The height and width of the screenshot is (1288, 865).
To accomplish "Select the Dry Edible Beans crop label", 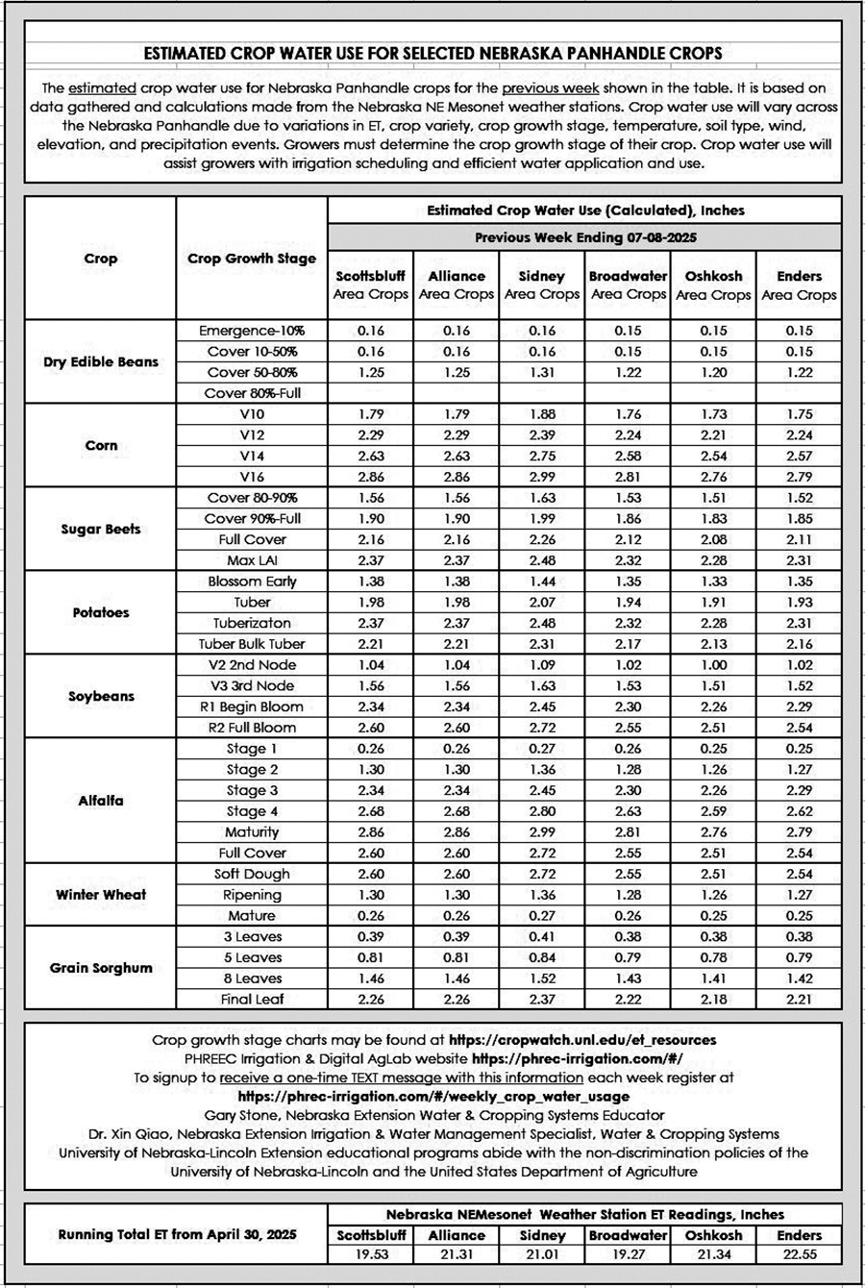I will (101, 362).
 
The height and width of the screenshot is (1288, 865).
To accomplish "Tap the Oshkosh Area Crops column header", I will (713, 285).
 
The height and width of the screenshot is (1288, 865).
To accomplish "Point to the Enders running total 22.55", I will (799, 1253).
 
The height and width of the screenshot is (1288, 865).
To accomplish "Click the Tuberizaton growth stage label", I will (252, 623).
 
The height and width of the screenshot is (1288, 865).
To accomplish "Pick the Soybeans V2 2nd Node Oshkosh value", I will (713, 665).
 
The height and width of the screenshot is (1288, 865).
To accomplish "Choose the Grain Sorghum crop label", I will (101, 968).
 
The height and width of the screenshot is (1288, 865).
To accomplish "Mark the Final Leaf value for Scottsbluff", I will (371, 999).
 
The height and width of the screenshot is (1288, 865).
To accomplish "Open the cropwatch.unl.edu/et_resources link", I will (582, 1040).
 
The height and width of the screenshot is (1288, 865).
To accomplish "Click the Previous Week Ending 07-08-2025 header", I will (584, 236).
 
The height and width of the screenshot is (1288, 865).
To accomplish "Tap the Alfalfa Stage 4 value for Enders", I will (799, 811).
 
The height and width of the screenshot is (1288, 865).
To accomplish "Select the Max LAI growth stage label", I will (252, 560).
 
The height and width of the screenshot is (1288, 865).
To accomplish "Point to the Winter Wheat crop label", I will (101, 895).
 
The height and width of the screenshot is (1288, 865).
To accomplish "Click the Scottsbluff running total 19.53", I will (371, 1253).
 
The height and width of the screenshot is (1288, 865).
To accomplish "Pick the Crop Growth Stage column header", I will (252, 259).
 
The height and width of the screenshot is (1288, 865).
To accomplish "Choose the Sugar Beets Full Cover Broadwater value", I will (628, 539).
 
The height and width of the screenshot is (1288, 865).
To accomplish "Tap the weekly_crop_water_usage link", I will (433, 1096).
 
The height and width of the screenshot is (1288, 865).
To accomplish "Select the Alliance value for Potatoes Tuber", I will (457, 602).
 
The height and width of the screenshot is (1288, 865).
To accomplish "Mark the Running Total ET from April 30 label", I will (177, 1234).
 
